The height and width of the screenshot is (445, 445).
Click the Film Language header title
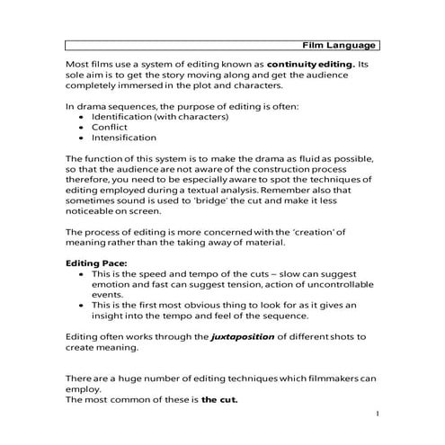pyautogui.click(x=339, y=45)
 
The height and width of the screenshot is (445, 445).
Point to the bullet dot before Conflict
pyautogui.click(x=83, y=128)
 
